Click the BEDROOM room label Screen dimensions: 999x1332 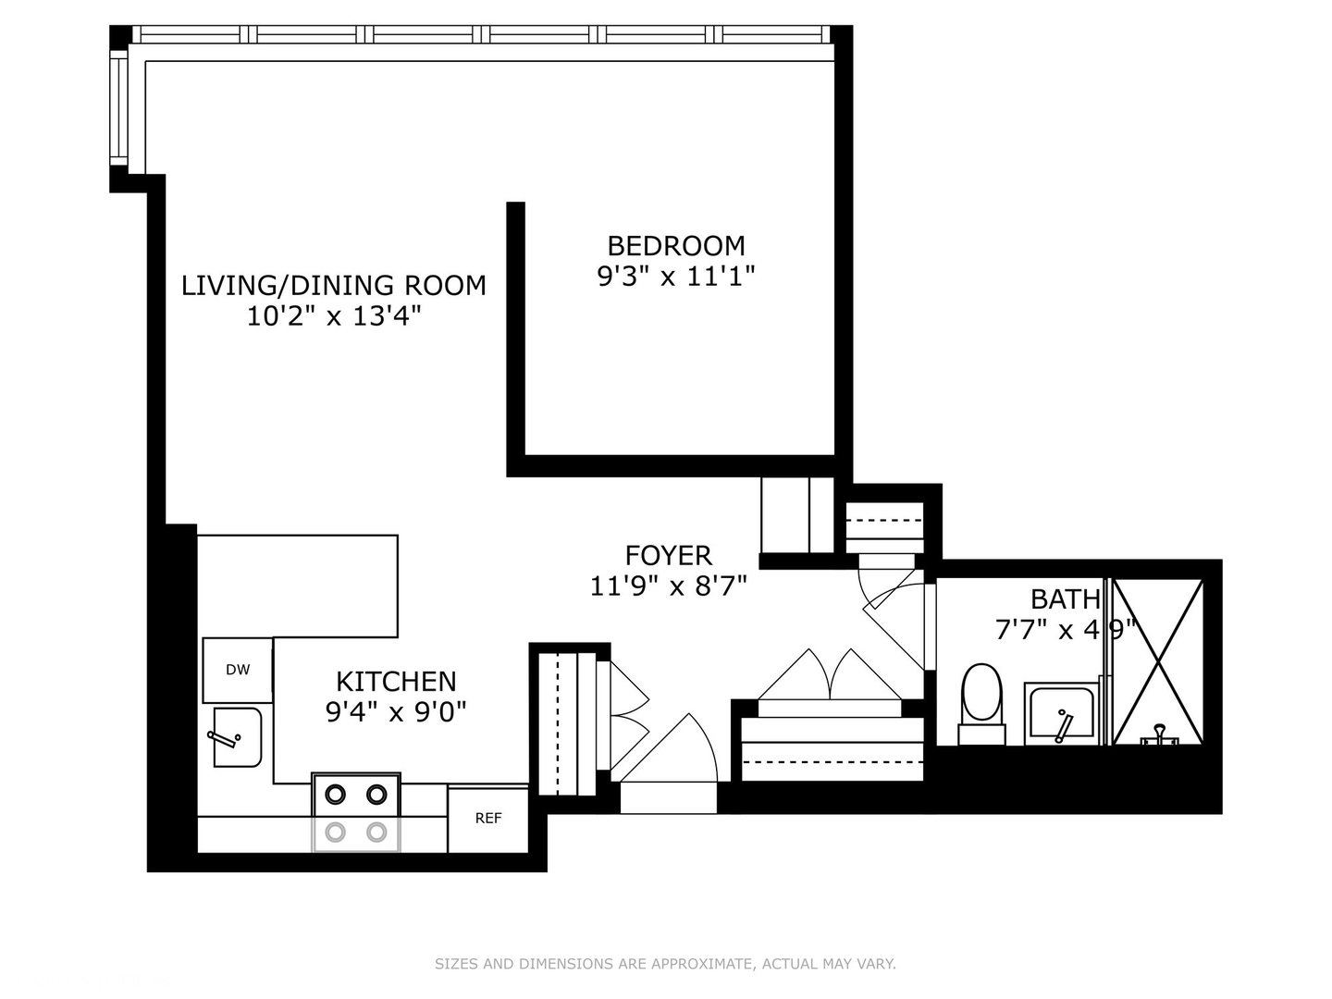(x=675, y=246)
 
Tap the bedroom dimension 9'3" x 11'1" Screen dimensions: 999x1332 (x=675, y=277)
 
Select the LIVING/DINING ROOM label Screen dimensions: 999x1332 (x=333, y=285)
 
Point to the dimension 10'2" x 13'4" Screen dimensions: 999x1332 (x=333, y=316)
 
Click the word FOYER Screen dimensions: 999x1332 (x=668, y=555)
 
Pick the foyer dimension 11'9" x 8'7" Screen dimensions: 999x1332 (x=668, y=586)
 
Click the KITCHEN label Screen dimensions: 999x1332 (x=396, y=682)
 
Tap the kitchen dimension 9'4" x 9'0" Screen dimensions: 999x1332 (x=396, y=712)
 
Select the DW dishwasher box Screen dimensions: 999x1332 (x=238, y=670)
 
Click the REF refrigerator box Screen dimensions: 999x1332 (x=487, y=819)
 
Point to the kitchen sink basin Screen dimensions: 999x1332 (x=238, y=737)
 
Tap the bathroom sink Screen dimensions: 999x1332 (x=1061, y=714)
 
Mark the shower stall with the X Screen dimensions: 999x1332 (x=1157, y=661)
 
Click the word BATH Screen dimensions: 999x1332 (x=1066, y=599)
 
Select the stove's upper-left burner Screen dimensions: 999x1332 (x=335, y=794)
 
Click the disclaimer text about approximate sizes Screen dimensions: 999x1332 (x=665, y=964)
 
